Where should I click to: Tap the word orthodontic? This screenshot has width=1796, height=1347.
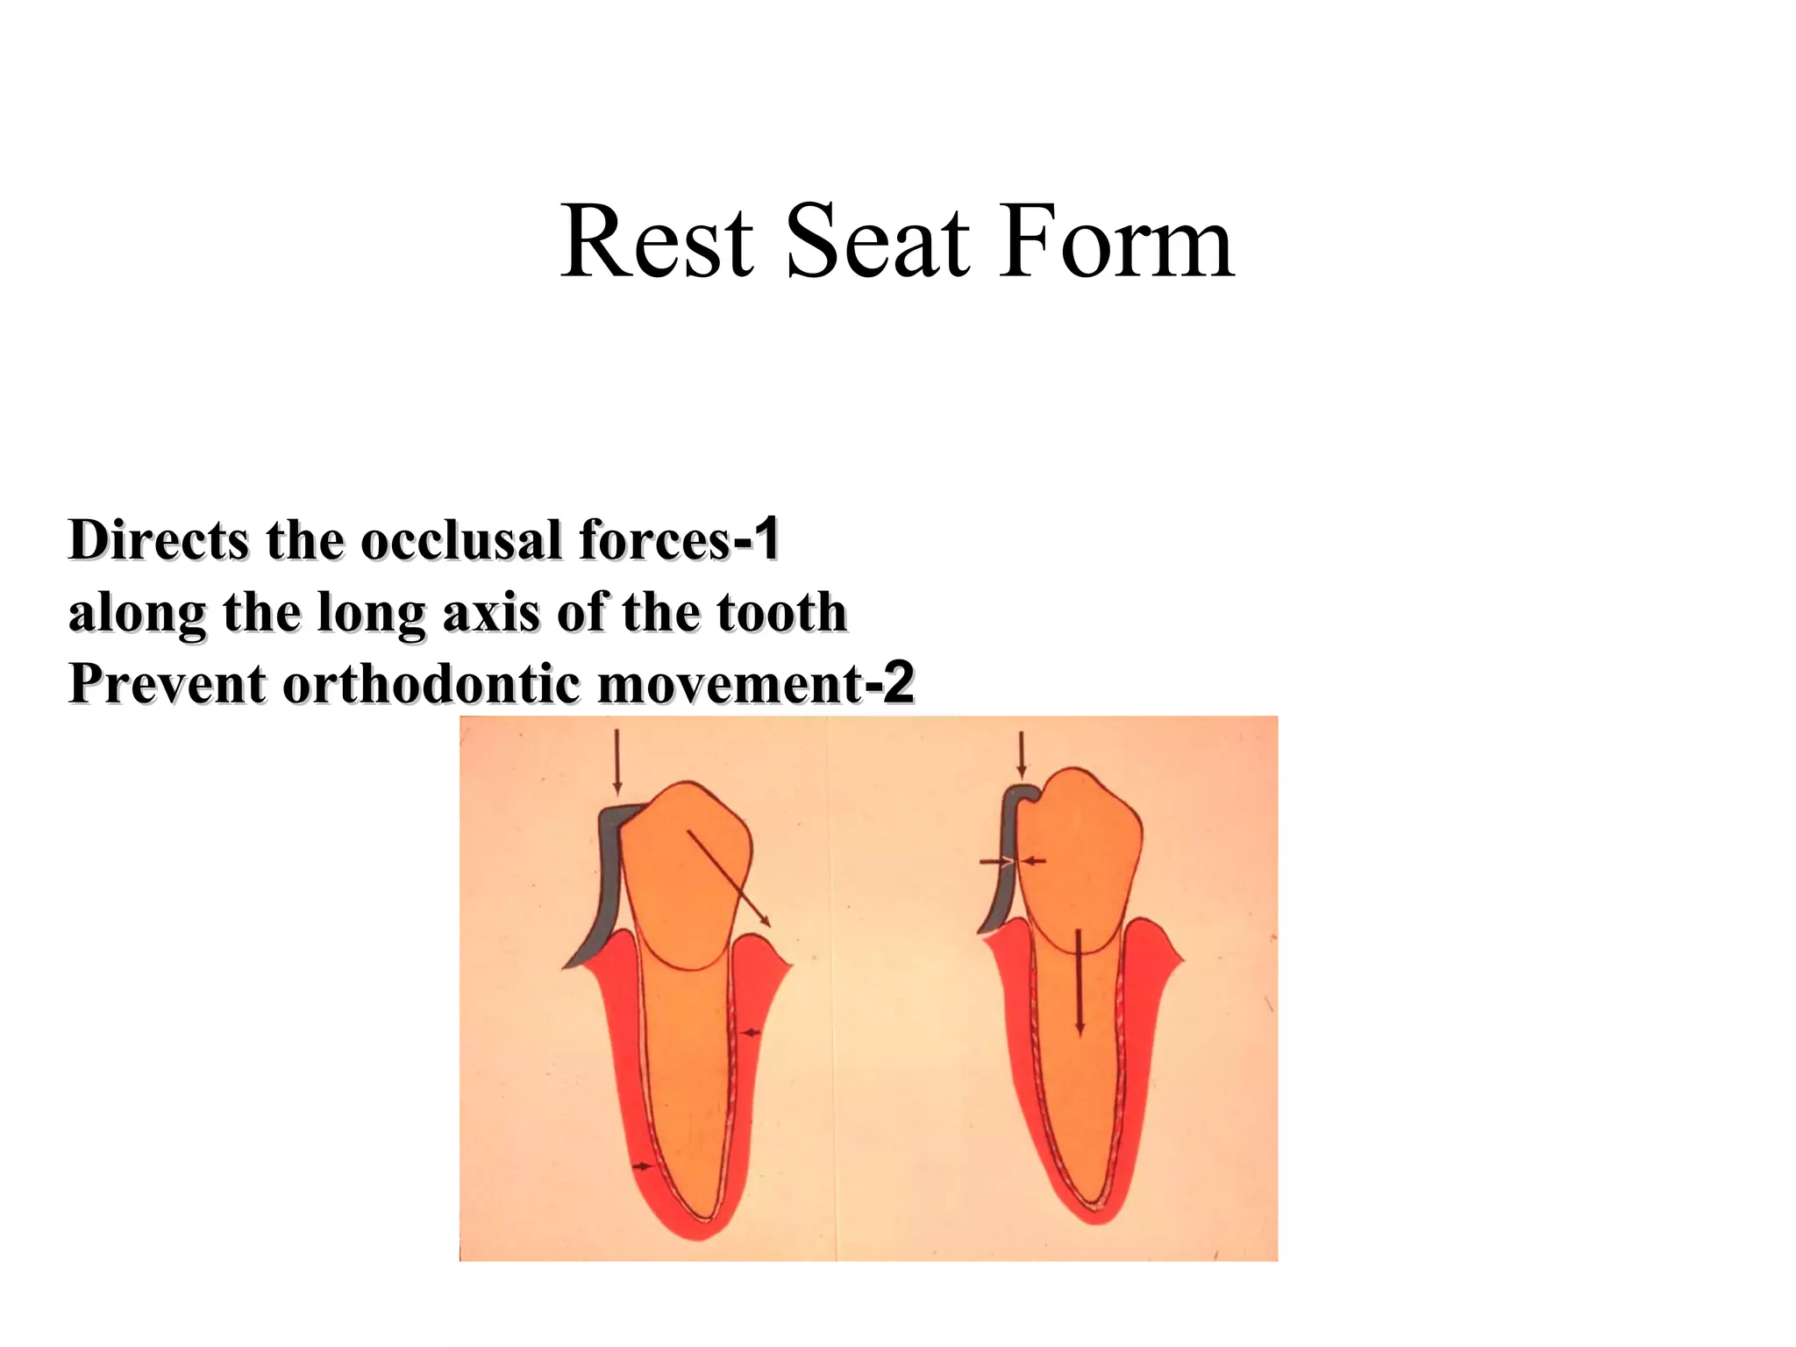[431, 684]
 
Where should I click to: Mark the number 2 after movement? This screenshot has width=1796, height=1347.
[899, 682]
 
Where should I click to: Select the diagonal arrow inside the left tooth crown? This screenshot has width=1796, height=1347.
[729, 878]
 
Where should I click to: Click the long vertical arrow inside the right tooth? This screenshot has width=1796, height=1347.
[1080, 982]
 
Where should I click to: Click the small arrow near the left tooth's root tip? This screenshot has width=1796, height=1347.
[645, 1165]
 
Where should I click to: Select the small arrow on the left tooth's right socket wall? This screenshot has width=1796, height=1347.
[751, 1033]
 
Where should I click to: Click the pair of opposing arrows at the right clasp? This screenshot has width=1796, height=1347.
[1013, 862]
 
